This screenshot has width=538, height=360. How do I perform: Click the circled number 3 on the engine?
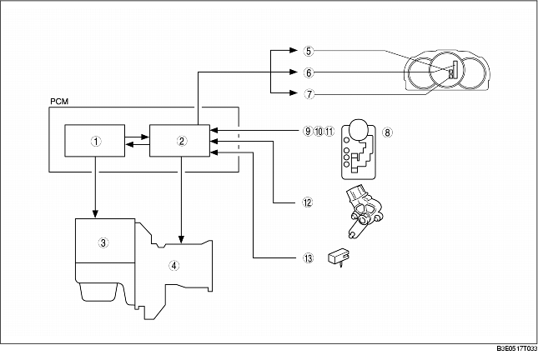103,242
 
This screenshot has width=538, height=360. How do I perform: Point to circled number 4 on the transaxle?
173,266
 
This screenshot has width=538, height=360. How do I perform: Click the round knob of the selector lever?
358,128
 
